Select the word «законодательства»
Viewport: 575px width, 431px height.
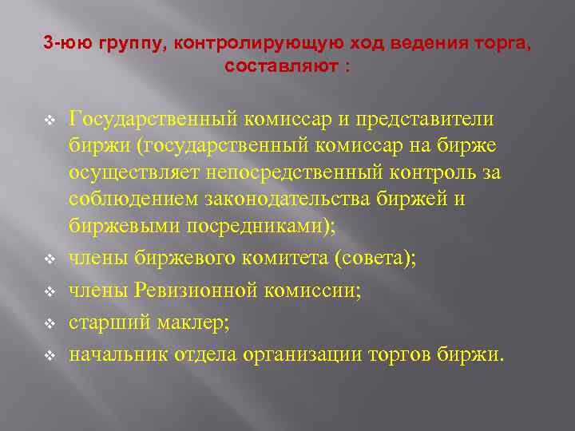287,200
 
